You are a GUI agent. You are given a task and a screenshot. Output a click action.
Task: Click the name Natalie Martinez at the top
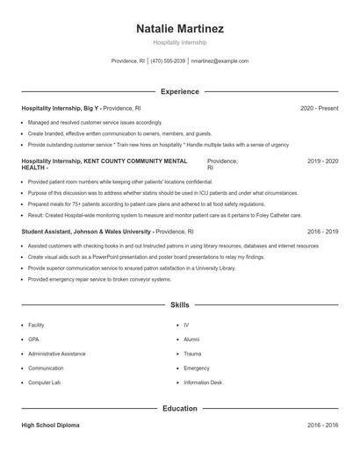tap(180, 29)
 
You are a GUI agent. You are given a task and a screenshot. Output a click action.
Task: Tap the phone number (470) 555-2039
tap(168, 61)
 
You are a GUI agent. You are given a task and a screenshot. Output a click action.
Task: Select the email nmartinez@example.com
tap(220, 61)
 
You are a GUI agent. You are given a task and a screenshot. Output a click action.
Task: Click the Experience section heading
tap(180, 91)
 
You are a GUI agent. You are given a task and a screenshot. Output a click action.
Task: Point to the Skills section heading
tap(180, 305)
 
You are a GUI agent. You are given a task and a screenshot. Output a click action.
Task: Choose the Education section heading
tap(180, 408)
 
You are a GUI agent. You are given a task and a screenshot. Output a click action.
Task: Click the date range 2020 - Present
tap(319, 108)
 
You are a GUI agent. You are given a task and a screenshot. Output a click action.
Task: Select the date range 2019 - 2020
tap(322, 161)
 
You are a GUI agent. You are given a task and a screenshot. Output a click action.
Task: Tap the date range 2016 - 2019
tap(322, 232)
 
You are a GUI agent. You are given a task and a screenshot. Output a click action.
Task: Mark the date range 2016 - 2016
tap(322, 426)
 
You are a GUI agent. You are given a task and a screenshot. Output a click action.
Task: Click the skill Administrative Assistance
tap(57, 354)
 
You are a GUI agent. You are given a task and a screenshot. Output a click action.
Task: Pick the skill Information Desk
tap(203, 383)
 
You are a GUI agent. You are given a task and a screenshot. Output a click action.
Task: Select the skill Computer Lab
tap(44, 383)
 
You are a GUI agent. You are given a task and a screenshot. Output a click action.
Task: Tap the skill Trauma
tap(192, 354)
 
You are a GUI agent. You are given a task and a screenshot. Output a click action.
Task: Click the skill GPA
tap(33, 339)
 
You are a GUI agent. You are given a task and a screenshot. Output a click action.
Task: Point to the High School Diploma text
tap(50, 426)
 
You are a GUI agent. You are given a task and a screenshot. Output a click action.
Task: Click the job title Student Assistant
tap(49, 232)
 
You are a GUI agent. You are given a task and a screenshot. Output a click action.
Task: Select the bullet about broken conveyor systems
tap(99, 279)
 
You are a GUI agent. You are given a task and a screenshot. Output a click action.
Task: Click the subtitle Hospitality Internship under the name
tap(180, 42)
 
